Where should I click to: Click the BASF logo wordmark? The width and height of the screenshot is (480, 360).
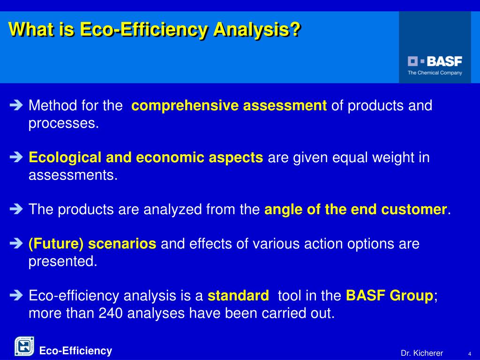435,61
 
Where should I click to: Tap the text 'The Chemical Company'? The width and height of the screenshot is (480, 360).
435,73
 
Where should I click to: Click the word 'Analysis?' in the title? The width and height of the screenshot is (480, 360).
257,30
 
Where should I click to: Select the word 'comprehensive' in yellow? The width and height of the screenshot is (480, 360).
185,105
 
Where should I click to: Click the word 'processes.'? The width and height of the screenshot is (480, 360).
64,124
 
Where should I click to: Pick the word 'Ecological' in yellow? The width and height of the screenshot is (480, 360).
65,157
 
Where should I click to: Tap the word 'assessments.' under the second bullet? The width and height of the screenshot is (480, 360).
73,175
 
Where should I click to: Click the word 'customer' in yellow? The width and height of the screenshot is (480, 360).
414,210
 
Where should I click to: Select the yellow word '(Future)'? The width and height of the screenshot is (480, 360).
56,244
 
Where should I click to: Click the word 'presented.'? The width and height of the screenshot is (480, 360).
63,262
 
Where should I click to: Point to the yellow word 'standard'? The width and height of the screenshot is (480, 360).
238,296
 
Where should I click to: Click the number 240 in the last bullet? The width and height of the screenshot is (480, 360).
111,313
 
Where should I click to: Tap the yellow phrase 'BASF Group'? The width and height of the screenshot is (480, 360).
390,296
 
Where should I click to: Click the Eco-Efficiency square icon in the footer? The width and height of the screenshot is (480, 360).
24,346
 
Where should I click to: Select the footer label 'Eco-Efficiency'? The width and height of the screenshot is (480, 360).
75,351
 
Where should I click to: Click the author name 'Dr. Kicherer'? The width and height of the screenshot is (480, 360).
421,353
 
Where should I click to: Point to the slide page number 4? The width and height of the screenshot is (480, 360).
470,353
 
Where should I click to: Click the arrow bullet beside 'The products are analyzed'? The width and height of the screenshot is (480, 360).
16,209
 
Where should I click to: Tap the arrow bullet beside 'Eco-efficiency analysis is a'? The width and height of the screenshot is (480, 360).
16,295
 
